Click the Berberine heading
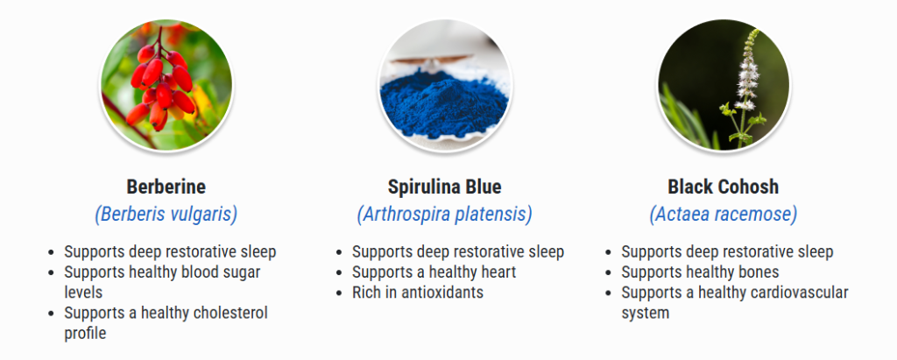point(166,187)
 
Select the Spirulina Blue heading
point(444,187)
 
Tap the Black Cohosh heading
point(723,187)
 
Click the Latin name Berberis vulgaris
point(166,215)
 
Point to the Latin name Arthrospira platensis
point(444,215)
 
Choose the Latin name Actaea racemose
point(723,215)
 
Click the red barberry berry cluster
point(162,86)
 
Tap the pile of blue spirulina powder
point(444,103)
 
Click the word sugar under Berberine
point(240,272)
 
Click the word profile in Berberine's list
point(85,334)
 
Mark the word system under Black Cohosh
point(646,314)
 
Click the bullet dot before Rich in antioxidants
point(341,293)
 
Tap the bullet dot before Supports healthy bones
point(610,273)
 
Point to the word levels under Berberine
point(83,293)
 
